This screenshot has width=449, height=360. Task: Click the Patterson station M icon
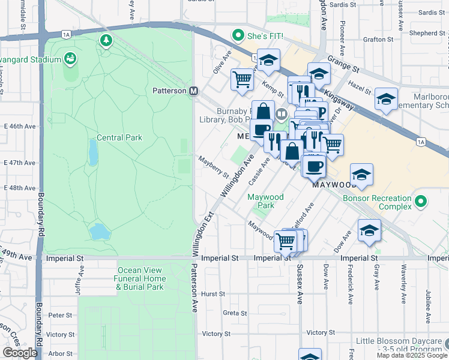coord(194,91)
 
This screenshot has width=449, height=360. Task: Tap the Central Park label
coord(118,137)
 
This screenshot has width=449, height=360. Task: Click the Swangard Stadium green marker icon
coord(71,59)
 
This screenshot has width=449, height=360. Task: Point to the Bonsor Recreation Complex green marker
coord(423,202)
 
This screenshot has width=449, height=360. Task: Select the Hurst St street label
coord(213,294)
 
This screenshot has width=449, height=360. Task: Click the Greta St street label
coord(235,313)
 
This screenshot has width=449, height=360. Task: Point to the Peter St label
coord(60,315)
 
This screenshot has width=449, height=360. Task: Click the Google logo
coord(20,353)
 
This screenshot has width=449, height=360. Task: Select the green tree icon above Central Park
coord(106,40)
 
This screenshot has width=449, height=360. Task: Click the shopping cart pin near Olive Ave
coord(243,79)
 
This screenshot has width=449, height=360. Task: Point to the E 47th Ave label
coord(20,163)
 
